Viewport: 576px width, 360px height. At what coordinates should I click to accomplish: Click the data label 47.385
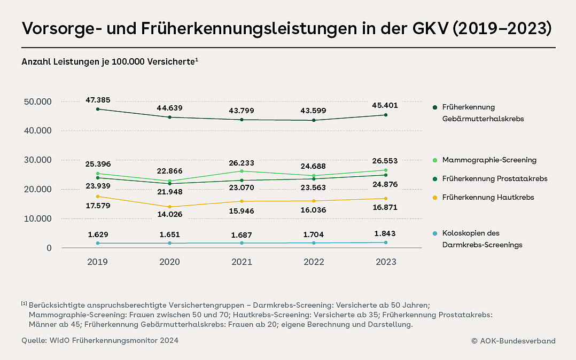97,100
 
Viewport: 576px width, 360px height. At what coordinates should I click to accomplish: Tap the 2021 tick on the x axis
242,262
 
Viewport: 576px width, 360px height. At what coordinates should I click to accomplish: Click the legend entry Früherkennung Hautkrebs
488,198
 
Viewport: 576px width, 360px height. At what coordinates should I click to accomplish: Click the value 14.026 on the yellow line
169,215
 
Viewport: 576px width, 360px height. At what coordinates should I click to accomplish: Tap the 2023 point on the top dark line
386,115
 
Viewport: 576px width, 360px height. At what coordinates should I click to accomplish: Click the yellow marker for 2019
97,197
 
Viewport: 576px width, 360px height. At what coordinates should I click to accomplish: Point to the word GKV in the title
424,28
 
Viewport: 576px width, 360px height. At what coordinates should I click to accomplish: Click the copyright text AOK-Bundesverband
517,341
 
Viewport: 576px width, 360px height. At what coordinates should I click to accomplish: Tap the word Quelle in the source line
34,341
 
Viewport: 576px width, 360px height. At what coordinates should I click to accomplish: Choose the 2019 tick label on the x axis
97,262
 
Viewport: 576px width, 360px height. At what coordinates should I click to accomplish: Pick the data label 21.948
169,192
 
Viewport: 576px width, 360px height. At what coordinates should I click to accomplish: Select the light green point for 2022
314,176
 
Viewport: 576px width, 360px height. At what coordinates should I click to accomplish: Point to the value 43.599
314,111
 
